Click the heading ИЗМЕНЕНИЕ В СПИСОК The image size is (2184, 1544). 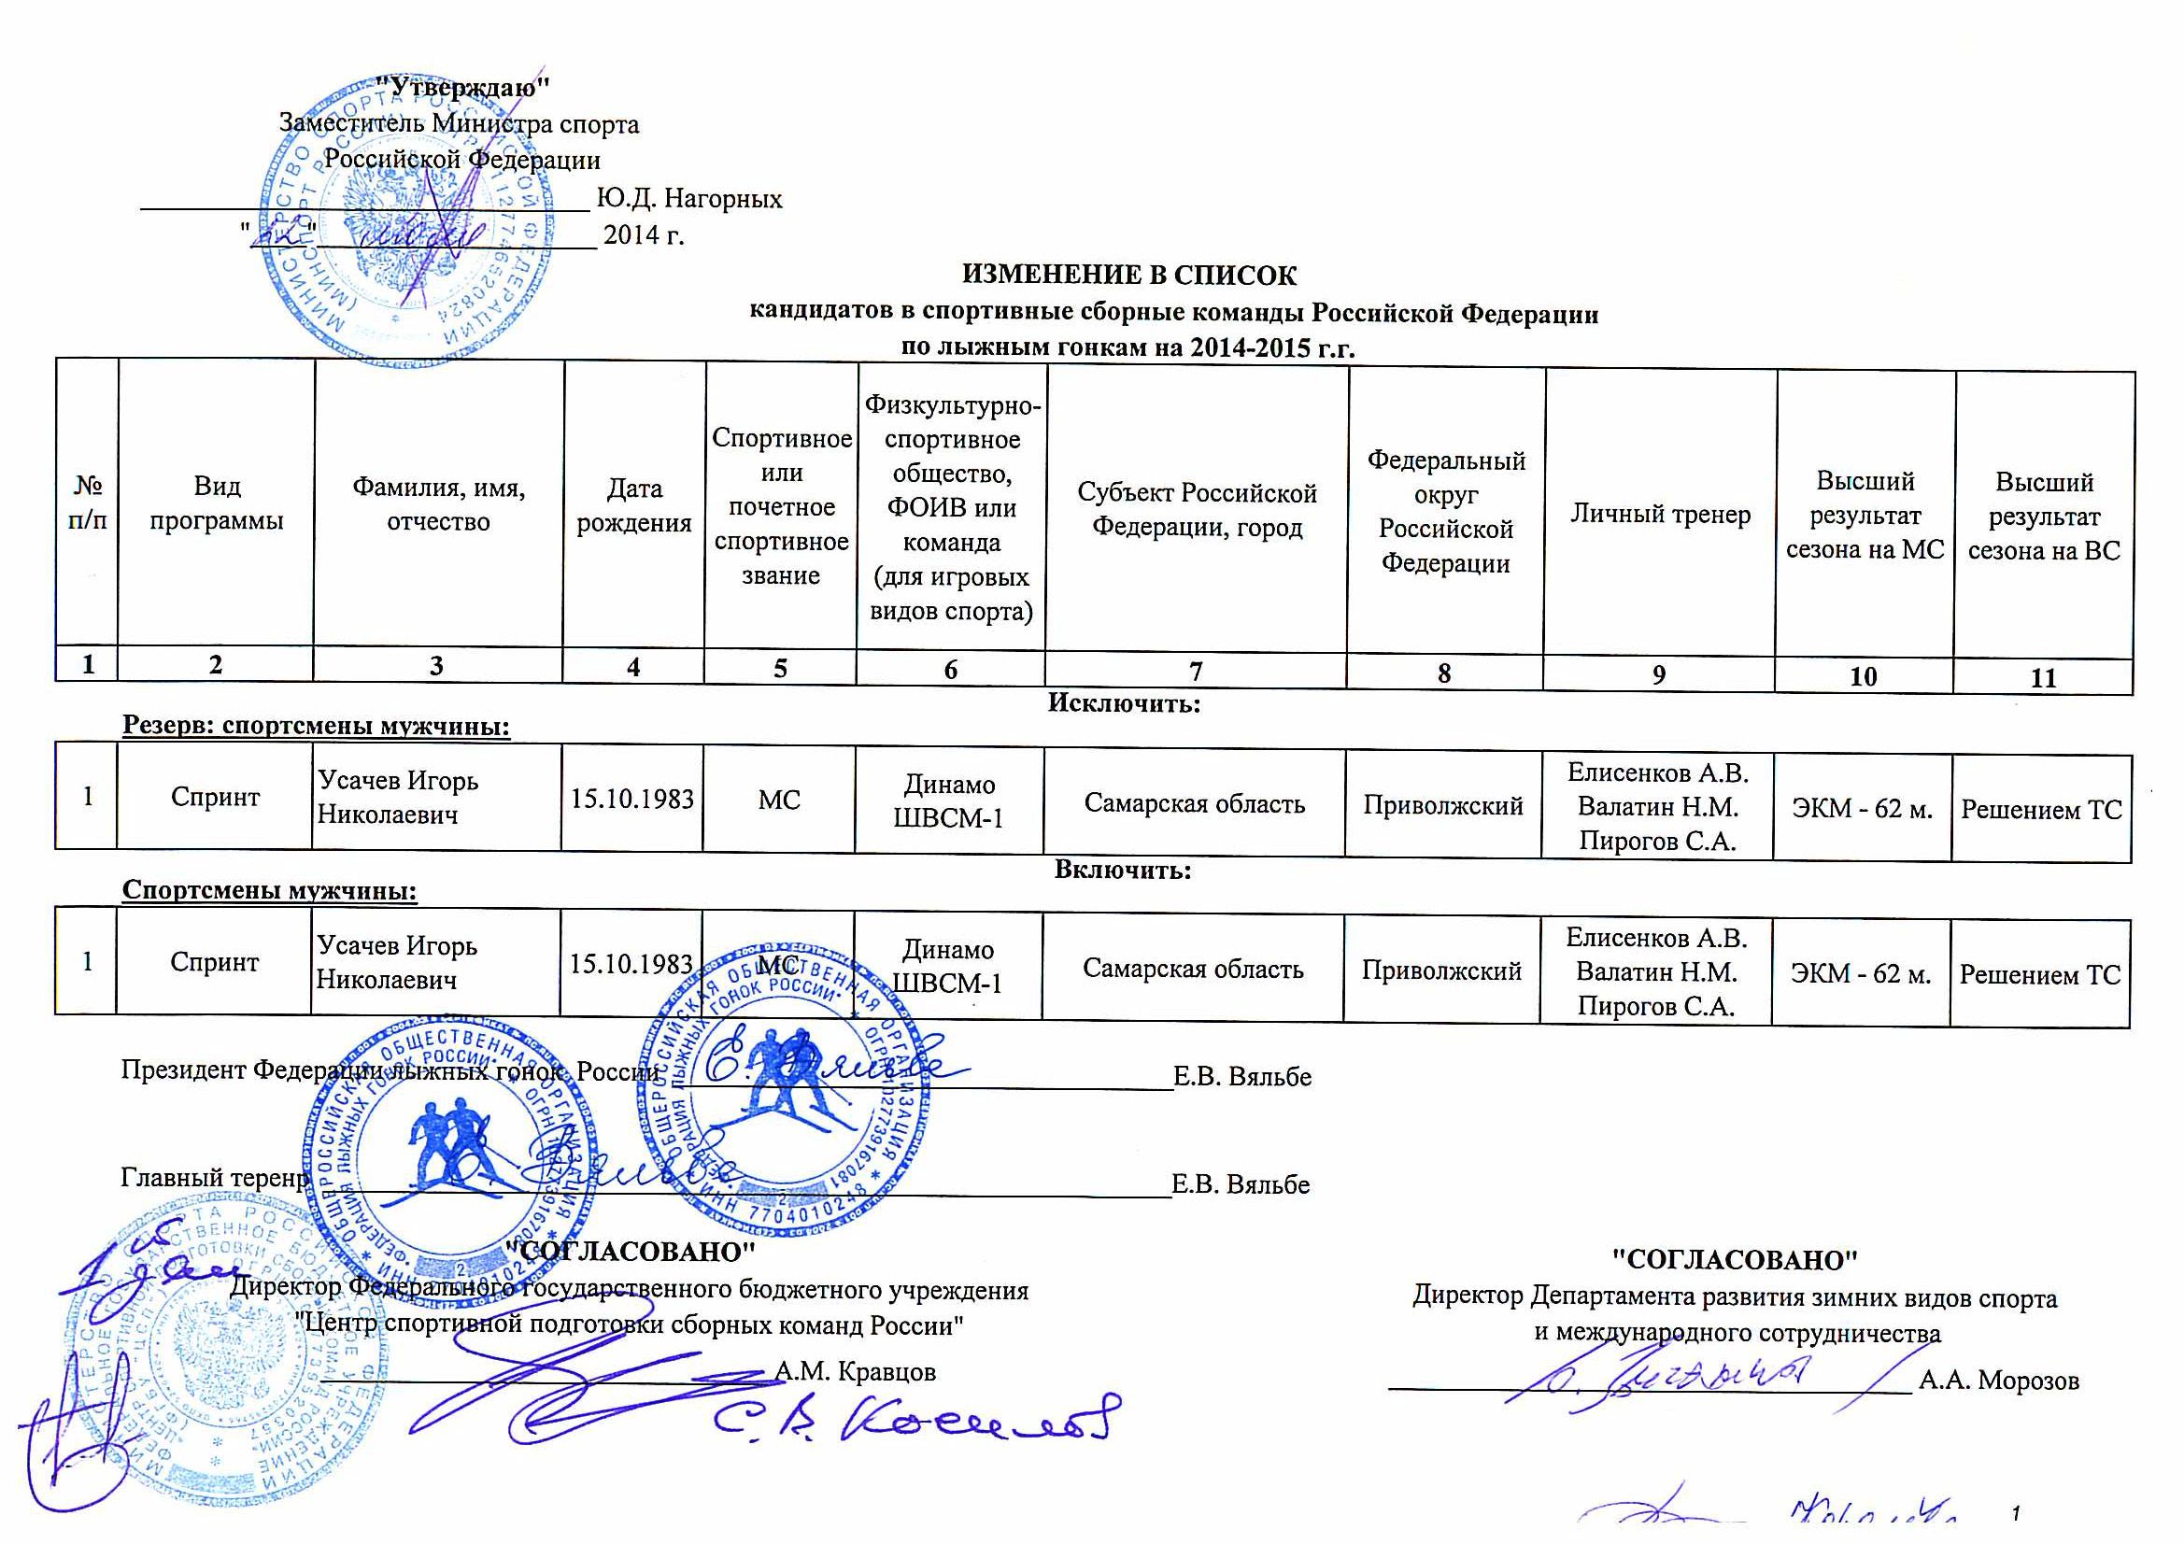coord(1129,276)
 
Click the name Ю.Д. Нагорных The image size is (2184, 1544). coord(689,199)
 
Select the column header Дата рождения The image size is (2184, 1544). coord(634,505)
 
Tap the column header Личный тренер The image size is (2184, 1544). coord(1660,515)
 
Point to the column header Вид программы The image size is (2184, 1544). coord(217,503)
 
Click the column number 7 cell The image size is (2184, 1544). coord(1196,672)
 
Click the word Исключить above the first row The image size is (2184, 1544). coord(1124,704)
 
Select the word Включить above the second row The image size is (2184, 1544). coord(1123,870)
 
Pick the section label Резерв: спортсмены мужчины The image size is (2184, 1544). coord(316,727)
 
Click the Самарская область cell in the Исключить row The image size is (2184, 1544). coord(1195,804)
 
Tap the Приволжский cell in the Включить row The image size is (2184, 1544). coord(1441,970)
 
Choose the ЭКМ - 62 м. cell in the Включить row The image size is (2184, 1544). coord(1861,973)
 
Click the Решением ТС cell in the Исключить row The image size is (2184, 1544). coord(2041,810)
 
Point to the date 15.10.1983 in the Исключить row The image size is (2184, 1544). coord(632,799)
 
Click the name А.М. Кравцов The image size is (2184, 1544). coord(855,1371)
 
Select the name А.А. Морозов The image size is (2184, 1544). coord(1998,1380)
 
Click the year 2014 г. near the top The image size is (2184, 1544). coord(644,234)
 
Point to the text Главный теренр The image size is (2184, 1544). coord(215,1178)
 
